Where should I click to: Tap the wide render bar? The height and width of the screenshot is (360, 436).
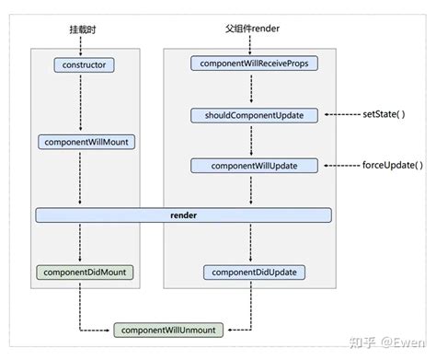(x=184, y=215)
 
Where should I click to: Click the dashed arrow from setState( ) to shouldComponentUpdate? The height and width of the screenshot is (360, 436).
(x=336, y=115)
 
